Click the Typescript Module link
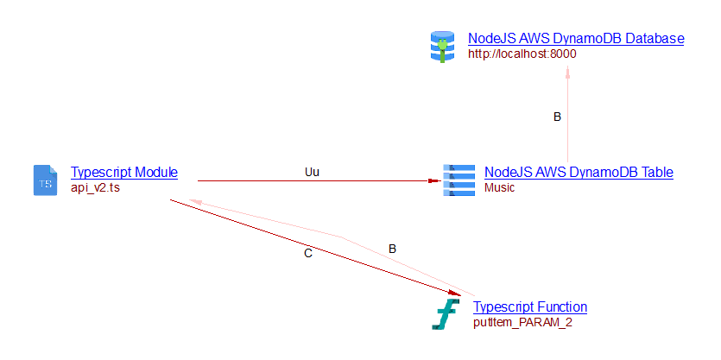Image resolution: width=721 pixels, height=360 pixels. tap(123, 172)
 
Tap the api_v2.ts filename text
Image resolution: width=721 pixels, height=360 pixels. tap(95, 187)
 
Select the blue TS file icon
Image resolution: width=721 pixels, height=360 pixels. tap(44, 180)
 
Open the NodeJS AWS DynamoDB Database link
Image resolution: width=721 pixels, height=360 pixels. tap(576, 39)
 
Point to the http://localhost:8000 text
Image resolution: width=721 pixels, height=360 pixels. tap(522, 54)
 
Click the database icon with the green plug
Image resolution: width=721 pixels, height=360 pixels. tap(441, 46)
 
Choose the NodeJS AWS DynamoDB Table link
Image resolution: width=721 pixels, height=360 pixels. tap(579, 172)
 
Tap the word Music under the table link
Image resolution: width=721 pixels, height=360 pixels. tap(499, 187)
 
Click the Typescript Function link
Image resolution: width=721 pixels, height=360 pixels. tap(530, 306)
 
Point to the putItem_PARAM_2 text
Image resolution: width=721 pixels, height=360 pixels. tap(522, 322)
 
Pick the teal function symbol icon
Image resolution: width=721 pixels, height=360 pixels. tap(446, 314)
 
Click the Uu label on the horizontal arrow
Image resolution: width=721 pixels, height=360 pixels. tap(312, 172)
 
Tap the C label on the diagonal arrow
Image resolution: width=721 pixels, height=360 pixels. tap(308, 254)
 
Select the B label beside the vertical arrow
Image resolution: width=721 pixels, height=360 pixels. tap(557, 117)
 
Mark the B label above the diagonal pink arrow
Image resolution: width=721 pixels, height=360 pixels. tap(392, 249)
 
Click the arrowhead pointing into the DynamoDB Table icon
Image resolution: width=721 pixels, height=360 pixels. tap(434, 181)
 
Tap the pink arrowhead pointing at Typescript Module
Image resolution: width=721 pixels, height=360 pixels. tap(195, 201)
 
